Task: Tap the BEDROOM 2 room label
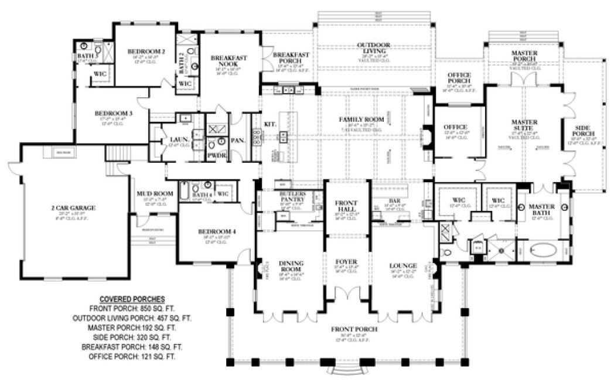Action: [146, 52]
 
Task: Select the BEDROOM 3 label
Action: [115, 114]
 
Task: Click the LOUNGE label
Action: [402, 265]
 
